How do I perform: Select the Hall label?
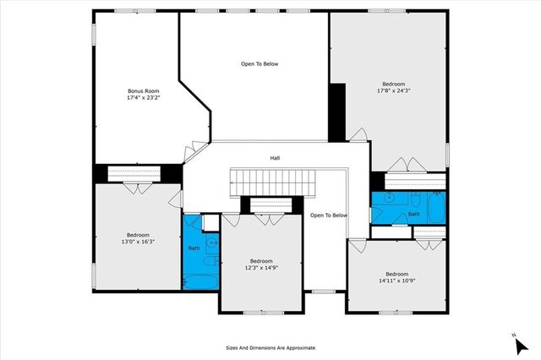275,158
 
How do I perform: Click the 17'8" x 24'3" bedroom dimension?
393,91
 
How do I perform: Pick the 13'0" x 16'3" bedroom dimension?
138,242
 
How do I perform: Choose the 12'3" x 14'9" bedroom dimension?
261,268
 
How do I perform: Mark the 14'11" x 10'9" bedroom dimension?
396,281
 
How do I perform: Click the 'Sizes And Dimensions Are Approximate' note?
270,347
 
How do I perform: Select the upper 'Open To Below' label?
260,64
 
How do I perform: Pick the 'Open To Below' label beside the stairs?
329,215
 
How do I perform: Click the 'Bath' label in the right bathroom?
413,215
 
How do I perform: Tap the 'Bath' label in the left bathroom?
194,248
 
